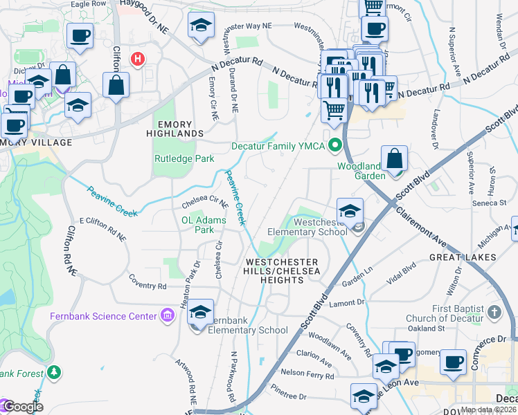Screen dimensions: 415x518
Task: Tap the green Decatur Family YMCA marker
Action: click(336, 145)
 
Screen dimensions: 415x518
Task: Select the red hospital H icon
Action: click(138, 59)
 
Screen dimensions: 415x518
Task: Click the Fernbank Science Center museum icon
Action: click(166, 316)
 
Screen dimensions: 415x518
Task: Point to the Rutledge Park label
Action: click(184, 158)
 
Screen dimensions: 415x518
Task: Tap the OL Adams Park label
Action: click(198, 225)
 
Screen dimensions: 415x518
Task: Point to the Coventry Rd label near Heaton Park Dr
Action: click(148, 286)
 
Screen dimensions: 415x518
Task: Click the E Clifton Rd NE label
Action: click(102, 229)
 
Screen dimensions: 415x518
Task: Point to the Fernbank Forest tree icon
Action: click(53, 373)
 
